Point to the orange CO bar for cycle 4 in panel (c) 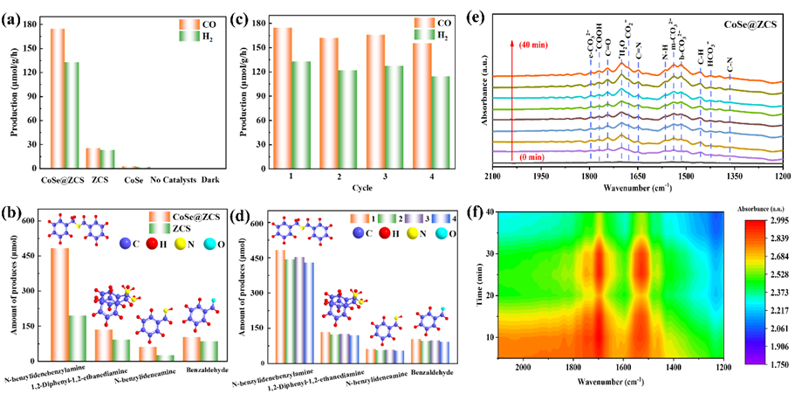coord(422,105)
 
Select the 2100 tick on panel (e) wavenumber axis coord(493,175)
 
